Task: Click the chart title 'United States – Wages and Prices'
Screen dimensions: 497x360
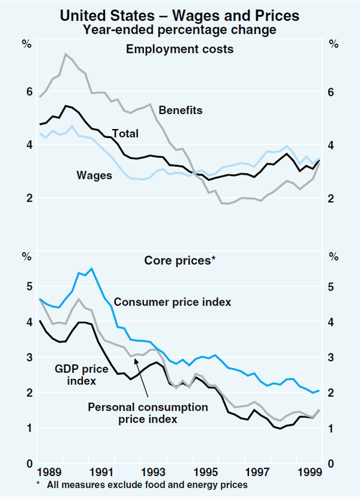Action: [x=179, y=14]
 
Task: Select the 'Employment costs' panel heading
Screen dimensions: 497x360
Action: [x=179, y=49]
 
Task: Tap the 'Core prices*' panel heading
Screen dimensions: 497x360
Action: [x=179, y=261]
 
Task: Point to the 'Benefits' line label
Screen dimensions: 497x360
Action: [x=181, y=110]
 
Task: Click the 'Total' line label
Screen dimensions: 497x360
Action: [x=125, y=133]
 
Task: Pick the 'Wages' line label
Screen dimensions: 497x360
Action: [x=94, y=175]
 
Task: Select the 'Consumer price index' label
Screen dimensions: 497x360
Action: [x=172, y=302]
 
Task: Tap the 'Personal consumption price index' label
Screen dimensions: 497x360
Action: [x=148, y=413]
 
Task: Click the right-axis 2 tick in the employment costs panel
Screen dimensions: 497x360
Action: [x=331, y=198]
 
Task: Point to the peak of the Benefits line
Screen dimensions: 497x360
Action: [x=65, y=54]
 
